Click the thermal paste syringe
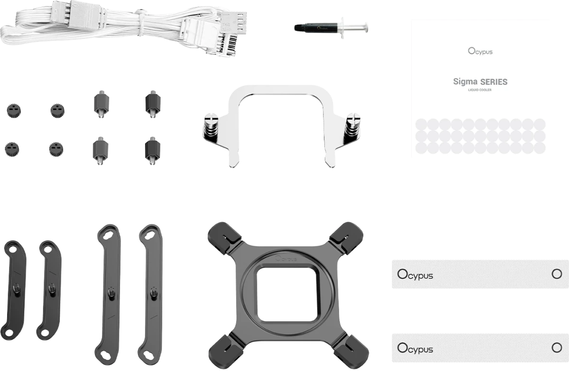point(331,27)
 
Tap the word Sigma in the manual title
point(465,81)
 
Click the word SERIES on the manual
point(494,81)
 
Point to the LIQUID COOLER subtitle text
point(479,90)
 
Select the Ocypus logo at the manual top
point(480,51)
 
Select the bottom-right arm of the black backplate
point(351,352)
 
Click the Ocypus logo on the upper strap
point(415,275)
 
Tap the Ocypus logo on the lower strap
point(415,348)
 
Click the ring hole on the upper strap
point(557,274)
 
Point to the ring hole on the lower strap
point(557,348)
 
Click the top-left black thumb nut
point(14,110)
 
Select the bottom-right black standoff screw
point(152,151)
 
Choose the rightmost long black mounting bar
point(150,294)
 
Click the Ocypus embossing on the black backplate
point(286,259)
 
